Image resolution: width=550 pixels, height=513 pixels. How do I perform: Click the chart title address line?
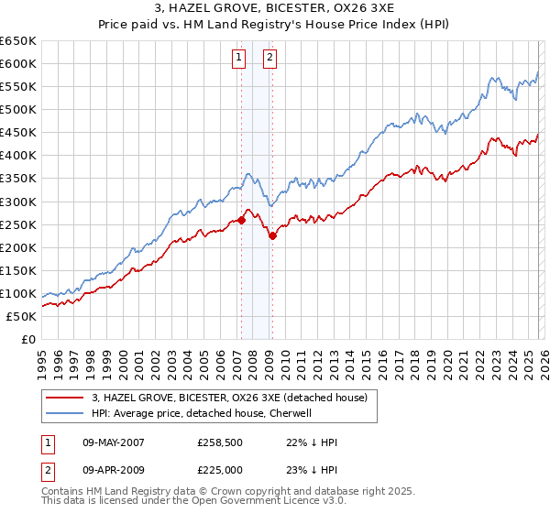tap(275, 9)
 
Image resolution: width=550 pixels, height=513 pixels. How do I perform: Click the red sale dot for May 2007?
tap(241, 220)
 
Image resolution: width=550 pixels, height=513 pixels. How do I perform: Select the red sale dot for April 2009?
tap(272, 235)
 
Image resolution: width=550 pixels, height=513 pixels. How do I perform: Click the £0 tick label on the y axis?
tap(27, 340)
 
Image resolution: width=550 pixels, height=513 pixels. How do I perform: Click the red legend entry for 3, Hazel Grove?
tap(229, 398)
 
